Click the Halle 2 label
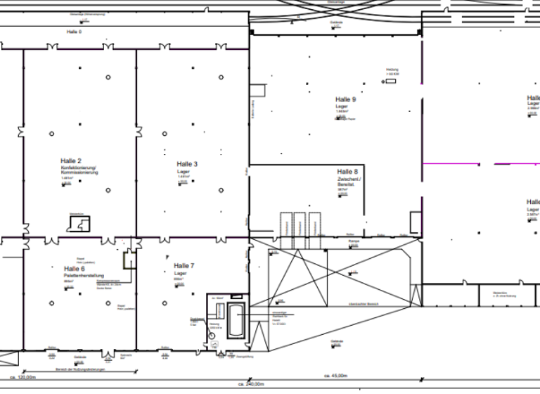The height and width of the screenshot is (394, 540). pyautogui.click(x=72, y=161)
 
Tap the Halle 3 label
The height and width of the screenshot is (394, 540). pyautogui.click(x=187, y=164)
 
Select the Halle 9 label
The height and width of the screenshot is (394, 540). pyautogui.click(x=346, y=100)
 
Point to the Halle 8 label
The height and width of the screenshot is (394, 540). pyautogui.click(x=347, y=172)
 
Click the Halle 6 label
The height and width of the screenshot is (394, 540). pyautogui.click(x=74, y=269)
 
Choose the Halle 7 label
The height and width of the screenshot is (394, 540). pyautogui.click(x=184, y=266)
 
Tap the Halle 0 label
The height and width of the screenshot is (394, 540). pyautogui.click(x=75, y=32)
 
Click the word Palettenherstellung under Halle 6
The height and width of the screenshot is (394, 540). pyautogui.click(x=84, y=275)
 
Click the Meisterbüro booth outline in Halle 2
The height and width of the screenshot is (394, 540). pyautogui.click(x=78, y=224)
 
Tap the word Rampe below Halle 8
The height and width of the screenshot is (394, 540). pyautogui.click(x=354, y=241)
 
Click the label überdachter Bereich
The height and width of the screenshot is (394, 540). pyautogui.click(x=360, y=304)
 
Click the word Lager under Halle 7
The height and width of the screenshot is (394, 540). pyautogui.click(x=179, y=273)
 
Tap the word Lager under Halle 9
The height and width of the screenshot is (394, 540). pyautogui.click(x=342, y=106)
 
